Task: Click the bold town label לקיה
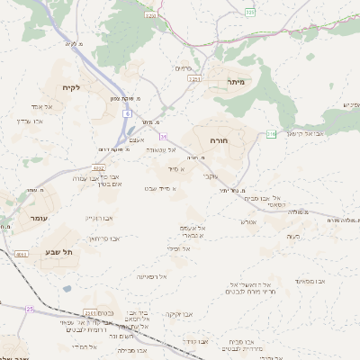click(72, 87)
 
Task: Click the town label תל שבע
click(60, 252)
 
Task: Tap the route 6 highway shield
click(129, 115)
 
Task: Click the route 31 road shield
click(164, 136)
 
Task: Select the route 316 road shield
click(271, 134)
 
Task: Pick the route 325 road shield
click(250, 13)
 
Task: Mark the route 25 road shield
click(30, 309)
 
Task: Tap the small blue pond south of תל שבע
click(67, 289)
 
